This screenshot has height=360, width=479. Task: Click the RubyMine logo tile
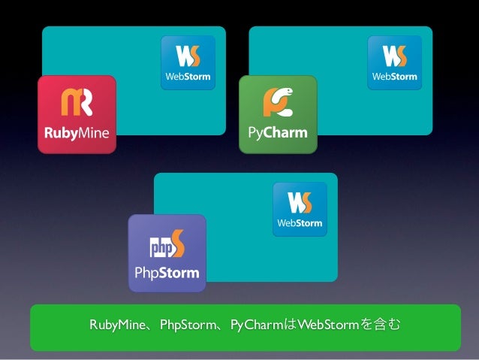[77, 114]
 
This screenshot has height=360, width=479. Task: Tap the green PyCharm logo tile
[278, 114]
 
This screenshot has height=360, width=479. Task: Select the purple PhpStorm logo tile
[167, 253]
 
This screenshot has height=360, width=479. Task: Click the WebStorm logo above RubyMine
[188, 62]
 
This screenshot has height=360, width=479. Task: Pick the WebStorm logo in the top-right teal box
[394, 62]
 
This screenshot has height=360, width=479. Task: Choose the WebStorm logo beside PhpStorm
[300, 208]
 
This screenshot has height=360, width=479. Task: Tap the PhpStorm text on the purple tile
[167, 272]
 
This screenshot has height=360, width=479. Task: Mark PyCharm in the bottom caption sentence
[256, 325]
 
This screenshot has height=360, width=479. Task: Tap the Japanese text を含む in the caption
[380, 325]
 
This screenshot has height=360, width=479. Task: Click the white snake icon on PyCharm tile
[278, 102]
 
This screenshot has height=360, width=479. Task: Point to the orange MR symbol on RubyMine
[77, 102]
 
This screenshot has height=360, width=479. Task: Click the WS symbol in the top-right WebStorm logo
[394, 56]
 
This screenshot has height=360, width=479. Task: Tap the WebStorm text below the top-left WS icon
[188, 77]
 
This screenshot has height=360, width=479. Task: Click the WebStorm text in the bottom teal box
[300, 222]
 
